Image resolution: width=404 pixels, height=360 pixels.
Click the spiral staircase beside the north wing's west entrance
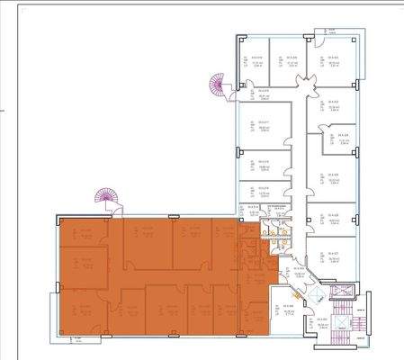pyautogui.click(x=217, y=87)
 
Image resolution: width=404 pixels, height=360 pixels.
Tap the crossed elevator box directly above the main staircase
pyautogui.click(x=343, y=296)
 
